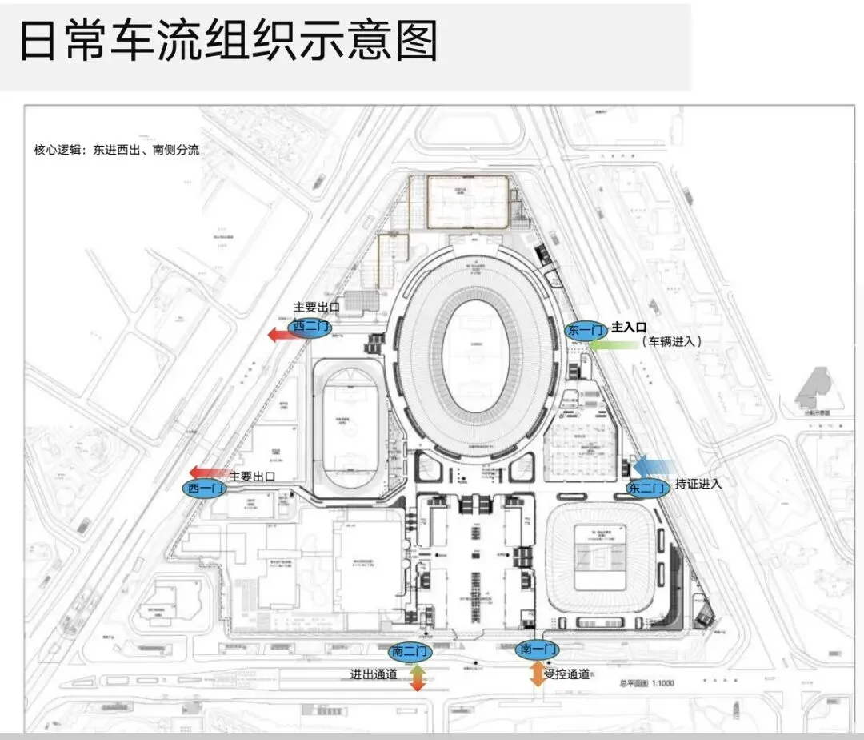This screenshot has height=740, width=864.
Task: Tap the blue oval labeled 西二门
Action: click(x=310, y=327)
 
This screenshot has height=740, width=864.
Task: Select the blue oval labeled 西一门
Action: click(x=206, y=488)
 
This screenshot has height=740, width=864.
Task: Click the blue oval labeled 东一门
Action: click(x=586, y=330)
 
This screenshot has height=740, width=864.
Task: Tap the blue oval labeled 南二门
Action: click(x=410, y=650)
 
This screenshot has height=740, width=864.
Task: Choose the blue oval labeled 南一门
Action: click(x=538, y=649)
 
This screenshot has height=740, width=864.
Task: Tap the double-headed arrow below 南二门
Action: click(x=417, y=678)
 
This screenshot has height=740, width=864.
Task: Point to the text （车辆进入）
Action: click(x=672, y=341)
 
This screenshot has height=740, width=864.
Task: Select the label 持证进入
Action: click(x=698, y=483)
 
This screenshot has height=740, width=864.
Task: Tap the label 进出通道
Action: click(x=374, y=674)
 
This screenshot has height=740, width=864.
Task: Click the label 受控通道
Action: click(x=567, y=674)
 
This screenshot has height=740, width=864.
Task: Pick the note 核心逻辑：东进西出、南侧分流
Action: click(x=116, y=150)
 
